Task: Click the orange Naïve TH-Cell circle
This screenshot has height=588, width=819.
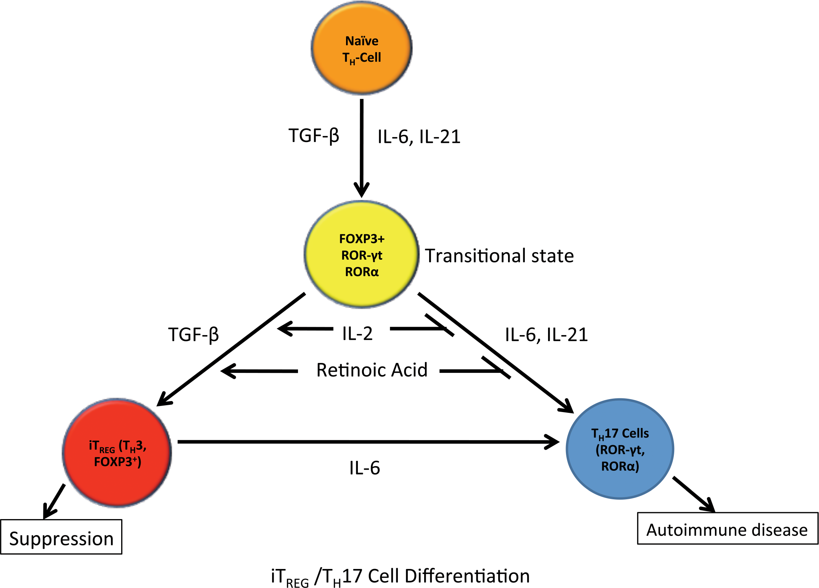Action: coord(362,48)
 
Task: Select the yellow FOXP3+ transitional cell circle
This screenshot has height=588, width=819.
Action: coord(362,254)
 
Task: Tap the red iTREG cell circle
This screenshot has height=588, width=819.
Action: coord(117,453)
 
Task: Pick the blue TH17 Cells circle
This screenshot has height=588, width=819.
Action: coord(620,449)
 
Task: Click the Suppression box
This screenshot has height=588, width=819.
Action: coord(61,537)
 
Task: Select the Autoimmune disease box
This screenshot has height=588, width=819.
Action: coord(728,528)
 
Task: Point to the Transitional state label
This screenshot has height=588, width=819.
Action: coord(499,256)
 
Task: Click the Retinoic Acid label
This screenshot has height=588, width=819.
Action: coord(372,370)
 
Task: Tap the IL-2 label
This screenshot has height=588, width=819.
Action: coord(357,334)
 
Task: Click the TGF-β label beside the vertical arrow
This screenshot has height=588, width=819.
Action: coord(314,136)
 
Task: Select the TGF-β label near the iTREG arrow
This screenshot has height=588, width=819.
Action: coord(194,335)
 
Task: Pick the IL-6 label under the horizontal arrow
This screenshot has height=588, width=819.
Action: coord(365,468)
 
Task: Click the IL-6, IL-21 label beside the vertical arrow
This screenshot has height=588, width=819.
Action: coord(419,137)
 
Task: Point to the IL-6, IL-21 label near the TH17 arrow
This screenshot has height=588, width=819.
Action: coord(547,335)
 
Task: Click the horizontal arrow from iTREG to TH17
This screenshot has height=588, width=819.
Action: coord(368,442)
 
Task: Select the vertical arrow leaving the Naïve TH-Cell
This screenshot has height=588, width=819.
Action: coord(362,149)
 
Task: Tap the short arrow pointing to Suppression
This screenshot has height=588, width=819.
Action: coord(54,502)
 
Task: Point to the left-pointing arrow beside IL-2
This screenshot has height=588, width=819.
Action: coord(305,329)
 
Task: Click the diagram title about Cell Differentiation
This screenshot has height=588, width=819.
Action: coord(400,577)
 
